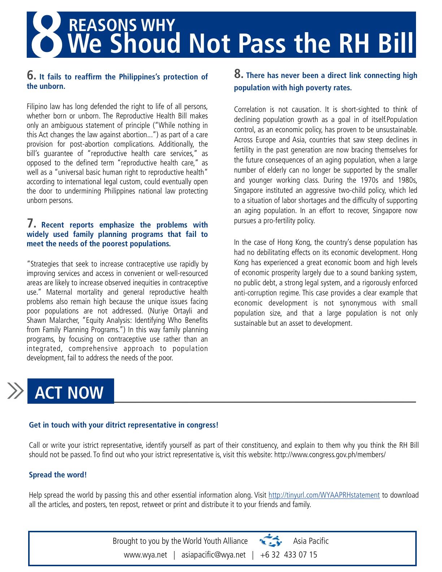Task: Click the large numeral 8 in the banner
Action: click(46, 35)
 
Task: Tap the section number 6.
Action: click(31, 75)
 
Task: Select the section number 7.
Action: click(31, 224)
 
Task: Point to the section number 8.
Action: click(238, 74)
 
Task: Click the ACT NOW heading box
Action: click(70, 391)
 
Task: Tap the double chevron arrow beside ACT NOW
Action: click(16, 391)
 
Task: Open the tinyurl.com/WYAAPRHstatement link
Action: click(324, 495)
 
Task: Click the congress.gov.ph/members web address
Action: click(330, 455)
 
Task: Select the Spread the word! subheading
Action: click(58, 475)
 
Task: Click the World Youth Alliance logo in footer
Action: click(270, 541)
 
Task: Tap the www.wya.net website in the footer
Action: click(145, 555)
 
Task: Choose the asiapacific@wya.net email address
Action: click(213, 555)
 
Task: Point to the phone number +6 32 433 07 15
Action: click(289, 555)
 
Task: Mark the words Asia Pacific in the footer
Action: click(311, 541)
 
